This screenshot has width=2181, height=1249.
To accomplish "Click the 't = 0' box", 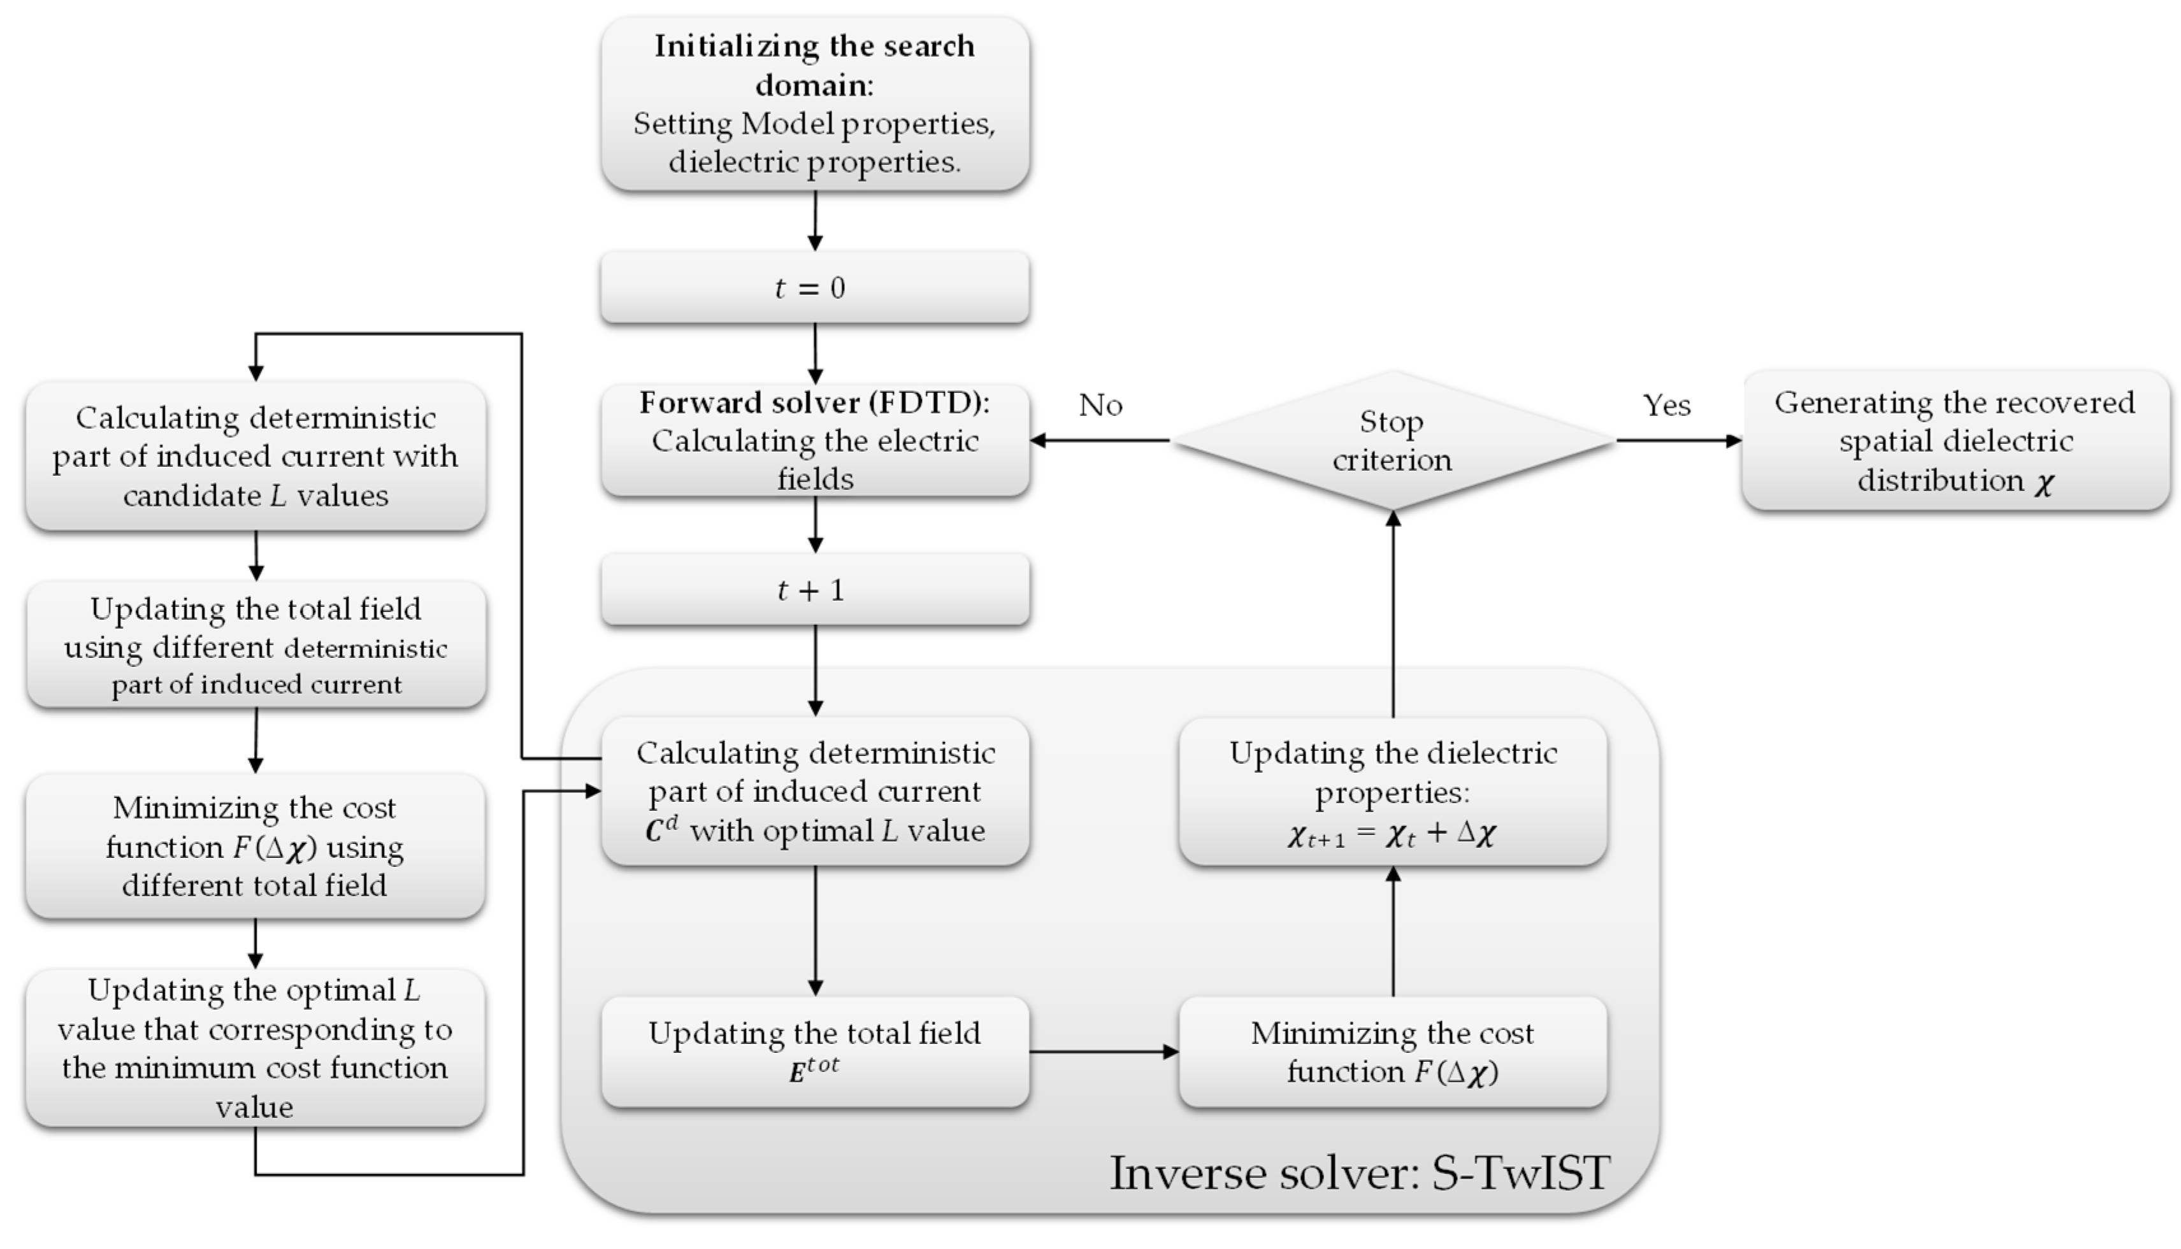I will click(814, 287).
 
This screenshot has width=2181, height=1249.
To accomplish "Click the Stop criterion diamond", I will click(1392, 441).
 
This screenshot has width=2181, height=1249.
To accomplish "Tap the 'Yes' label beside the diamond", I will click(1666, 405).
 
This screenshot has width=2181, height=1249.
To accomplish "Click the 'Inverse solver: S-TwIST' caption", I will click(1360, 1173).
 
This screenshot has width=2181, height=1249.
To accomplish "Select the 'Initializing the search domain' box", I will click(814, 103).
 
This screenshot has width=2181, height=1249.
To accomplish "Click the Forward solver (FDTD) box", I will click(814, 440).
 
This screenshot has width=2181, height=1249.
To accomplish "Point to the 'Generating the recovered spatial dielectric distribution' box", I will click(1955, 441).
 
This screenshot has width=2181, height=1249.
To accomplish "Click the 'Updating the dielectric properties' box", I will click(1392, 791).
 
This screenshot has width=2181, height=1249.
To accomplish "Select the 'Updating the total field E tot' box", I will click(814, 1052).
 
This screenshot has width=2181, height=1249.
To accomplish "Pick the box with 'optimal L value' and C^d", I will click(814, 791).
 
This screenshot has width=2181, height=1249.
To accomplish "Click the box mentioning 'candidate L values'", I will click(256, 457).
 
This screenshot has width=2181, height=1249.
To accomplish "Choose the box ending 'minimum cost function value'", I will click(256, 1047).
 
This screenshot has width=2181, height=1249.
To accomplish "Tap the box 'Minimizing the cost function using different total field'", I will click(256, 846).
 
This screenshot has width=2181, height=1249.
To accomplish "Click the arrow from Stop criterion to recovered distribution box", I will click(1678, 441).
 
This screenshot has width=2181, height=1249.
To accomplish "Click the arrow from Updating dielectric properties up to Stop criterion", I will click(1392, 613).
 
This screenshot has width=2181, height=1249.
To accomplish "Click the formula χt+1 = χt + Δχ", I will click(1392, 834).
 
